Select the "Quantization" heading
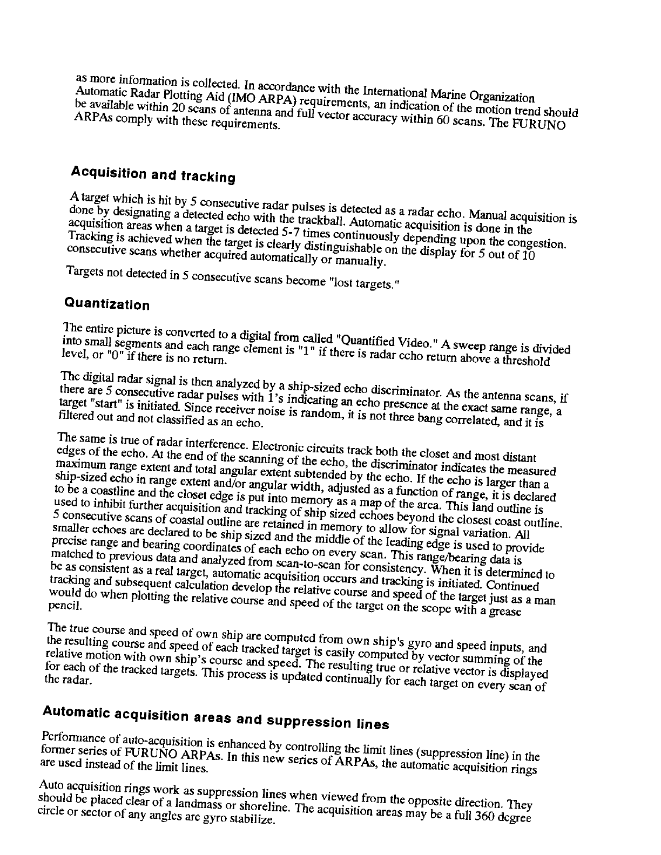[107, 303]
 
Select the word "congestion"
[538, 243]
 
